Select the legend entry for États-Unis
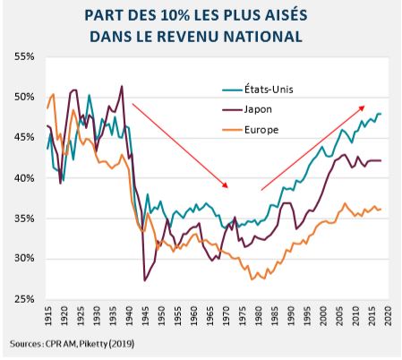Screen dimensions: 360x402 pos(272,90)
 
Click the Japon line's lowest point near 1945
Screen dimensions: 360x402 pos(145,280)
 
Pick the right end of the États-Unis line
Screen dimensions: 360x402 pos(380,114)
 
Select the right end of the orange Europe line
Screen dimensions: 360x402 pos(380,210)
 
